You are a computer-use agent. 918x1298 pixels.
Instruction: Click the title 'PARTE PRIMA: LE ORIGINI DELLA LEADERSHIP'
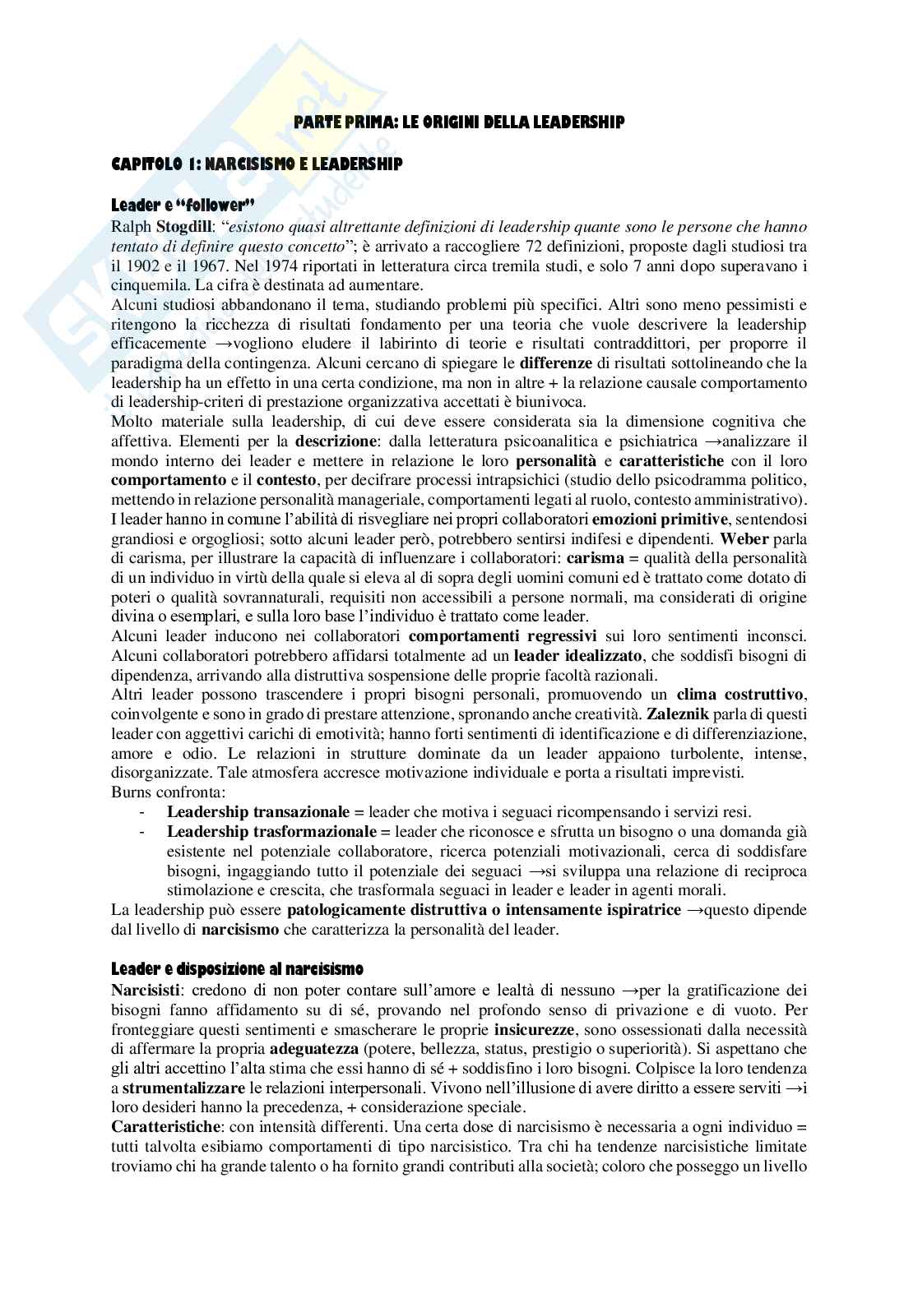tap(459, 122)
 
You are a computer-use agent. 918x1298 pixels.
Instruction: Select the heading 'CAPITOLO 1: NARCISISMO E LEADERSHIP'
tap(257, 164)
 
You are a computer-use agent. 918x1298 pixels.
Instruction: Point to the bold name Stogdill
tap(185, 226)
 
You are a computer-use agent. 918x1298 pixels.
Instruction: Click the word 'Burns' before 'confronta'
tap(130, 792)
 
